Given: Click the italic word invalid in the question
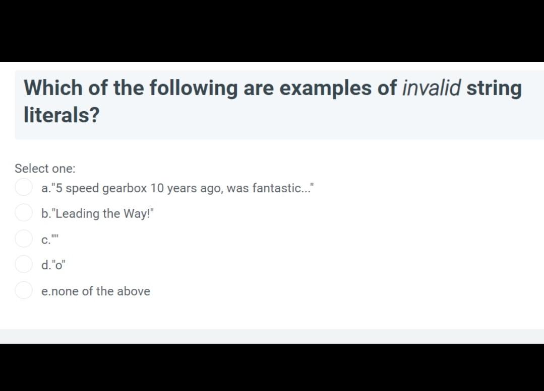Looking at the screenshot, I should pyautogui.click(x=431, y=88).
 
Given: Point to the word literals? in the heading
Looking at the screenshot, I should pyautogui.click(x=62, y=115).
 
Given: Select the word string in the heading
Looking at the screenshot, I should pyautogui.click(x=494, y=88).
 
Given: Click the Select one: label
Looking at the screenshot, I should pyautogui.click(x=45, y=169).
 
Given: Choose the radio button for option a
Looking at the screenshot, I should pyautogui.click(x=24, y=188).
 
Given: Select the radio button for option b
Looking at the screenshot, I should pyautogui.click(x=24, y=212).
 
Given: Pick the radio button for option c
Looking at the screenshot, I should pyautogui.click(x=24, y=238).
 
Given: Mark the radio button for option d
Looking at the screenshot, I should pyautogui.click(x=24, y=263).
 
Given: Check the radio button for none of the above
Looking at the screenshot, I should pyautogui.click(x=24, y=290).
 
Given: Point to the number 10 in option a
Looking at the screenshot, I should pyautogui.click(x=157, y=189).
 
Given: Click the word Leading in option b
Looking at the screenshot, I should pyautogui.click(x=78, y=214).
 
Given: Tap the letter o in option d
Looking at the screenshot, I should pyautogui.click(x=58, y=265).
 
